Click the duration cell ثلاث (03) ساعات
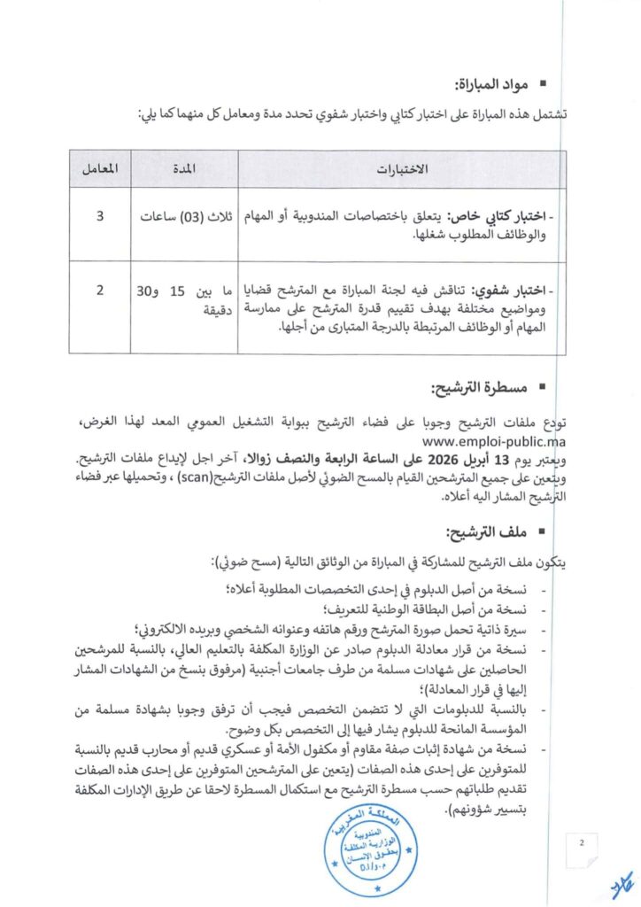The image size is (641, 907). (185, 216)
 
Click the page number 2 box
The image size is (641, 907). (583, 842)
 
